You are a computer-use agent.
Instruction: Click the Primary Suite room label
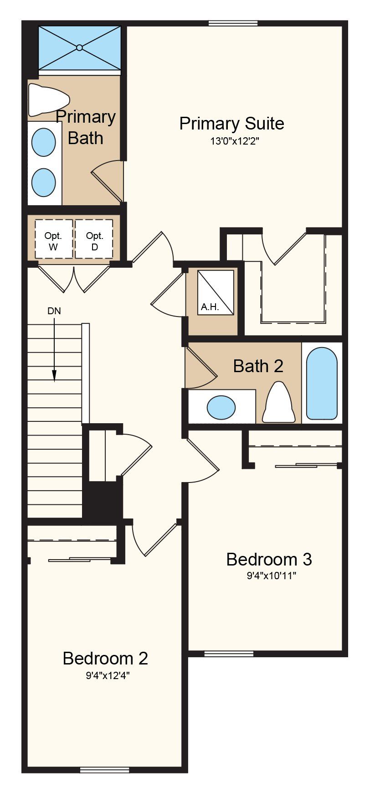click(x=231, y=124)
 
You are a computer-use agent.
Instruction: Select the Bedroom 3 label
click(x=269, y=559)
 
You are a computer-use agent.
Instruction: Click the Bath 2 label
click(x=258, y=366)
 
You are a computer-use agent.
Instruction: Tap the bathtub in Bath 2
click(x=322, y=384)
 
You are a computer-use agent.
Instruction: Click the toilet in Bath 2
click(x=278, y=402)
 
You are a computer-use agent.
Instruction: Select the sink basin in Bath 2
click(x=221, y=407)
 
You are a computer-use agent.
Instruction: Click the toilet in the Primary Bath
click(x=48, y=99)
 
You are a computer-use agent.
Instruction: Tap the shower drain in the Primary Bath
click(x=80, y=47)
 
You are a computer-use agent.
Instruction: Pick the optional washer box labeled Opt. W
click(x=54, y=239)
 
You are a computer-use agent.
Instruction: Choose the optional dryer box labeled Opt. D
click(x=94, y=239)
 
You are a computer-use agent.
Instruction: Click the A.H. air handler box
click(x=216, y=292)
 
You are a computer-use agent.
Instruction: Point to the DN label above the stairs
click(x=54, y=311)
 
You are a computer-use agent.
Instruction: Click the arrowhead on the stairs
click(x=54, y=375)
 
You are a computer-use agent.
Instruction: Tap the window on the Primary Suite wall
click(x=233, y=23)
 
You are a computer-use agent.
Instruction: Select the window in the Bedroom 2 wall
click(x=104, y=770)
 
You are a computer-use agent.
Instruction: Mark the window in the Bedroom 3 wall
click(x=229, y=654)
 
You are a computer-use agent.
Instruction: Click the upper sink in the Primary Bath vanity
click(x=44, y=142)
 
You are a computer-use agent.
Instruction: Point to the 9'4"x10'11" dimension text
click(x=272, y=576)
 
